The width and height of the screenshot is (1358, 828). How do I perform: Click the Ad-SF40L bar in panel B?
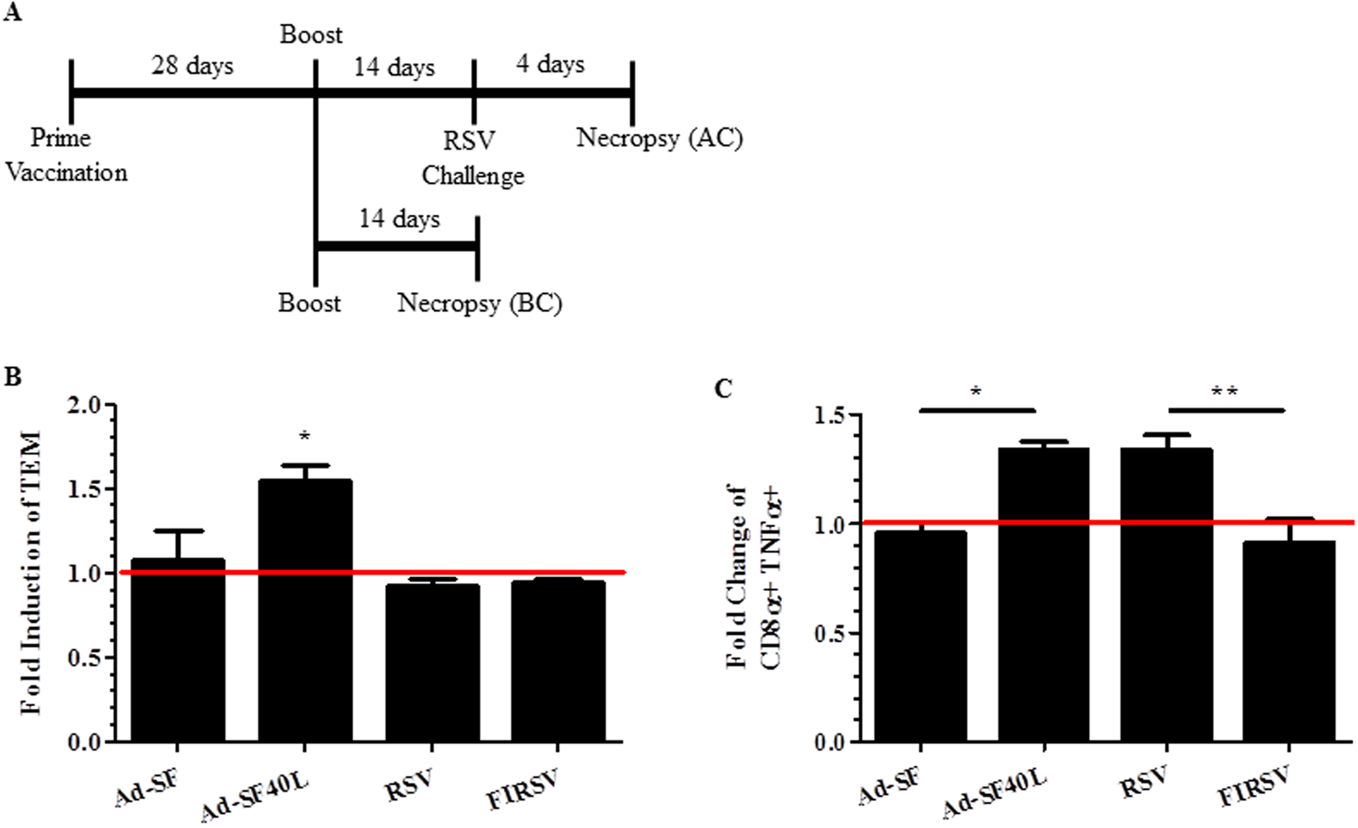pos(305,609)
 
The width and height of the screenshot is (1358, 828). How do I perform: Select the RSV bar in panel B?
pos(432,663)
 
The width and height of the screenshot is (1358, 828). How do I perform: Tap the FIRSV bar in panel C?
pos(1289,642)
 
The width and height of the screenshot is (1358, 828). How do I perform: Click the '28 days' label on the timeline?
pos(192,65)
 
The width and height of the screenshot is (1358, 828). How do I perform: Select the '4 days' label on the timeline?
pos(550,63)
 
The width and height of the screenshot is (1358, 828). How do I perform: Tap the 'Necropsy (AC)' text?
pos(659,137)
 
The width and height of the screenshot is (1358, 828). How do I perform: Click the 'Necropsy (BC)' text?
pos(480,303)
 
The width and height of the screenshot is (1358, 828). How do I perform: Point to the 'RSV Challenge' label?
pos(472,158)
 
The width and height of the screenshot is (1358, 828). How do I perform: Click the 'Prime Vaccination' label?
pos(65,155)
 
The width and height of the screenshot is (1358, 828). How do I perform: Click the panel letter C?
pos(723,388)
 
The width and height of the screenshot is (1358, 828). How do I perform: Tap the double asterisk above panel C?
pos(1225,392)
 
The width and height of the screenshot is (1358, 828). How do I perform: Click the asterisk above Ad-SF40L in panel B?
pos(305,435)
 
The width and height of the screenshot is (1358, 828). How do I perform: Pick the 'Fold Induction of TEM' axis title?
pos(31,572)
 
